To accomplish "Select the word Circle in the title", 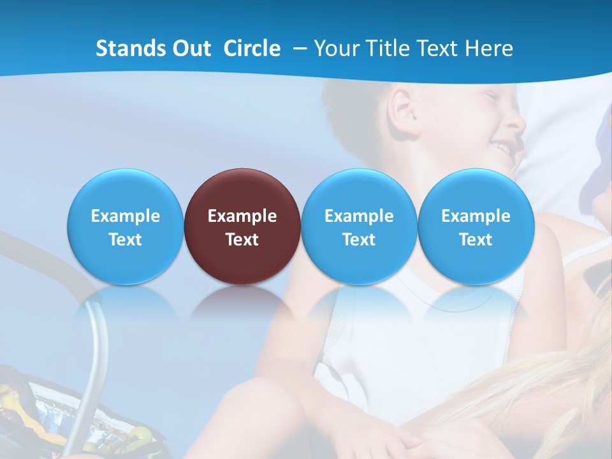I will coord(252,48).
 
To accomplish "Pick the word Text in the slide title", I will coord(439,48).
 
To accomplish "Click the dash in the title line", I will coord(300,48).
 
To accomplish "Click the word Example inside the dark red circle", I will coord(242,216).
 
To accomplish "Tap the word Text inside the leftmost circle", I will coord(126,240).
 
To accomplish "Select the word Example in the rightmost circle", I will coord(476,216).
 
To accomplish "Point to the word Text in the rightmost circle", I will coord(476,240).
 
